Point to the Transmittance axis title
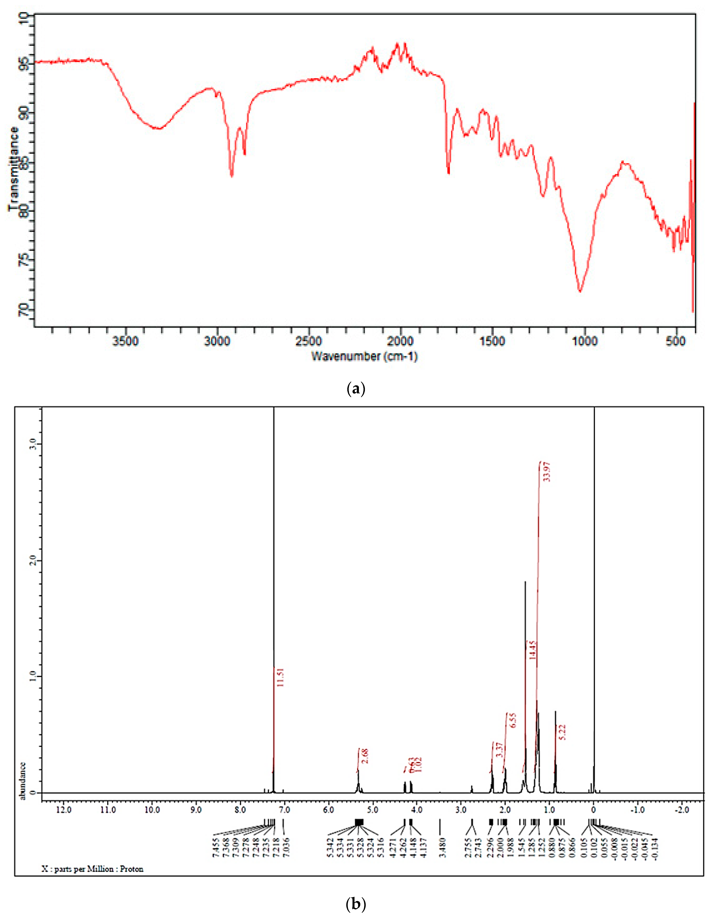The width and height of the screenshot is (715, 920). click(13, 169)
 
